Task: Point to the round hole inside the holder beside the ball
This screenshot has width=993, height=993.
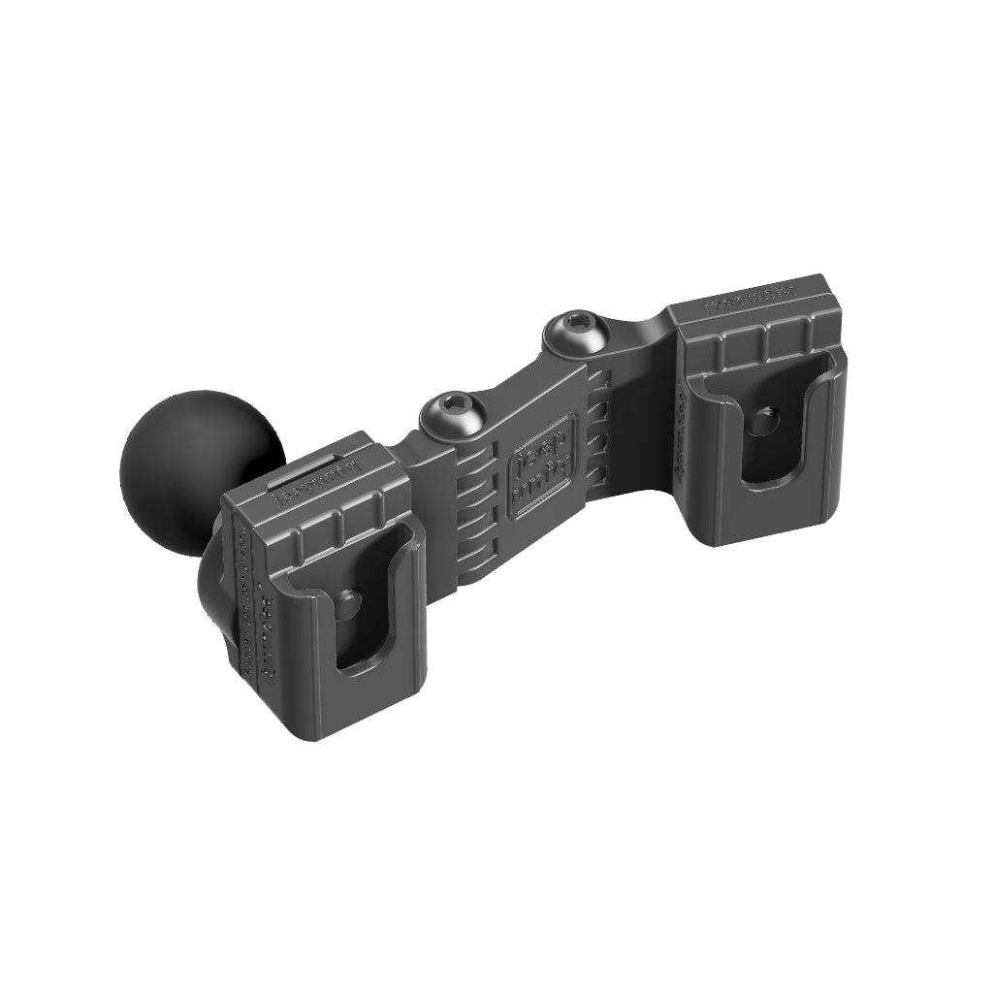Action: [347, 602]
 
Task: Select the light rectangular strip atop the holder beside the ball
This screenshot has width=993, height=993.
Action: [305, 469]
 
